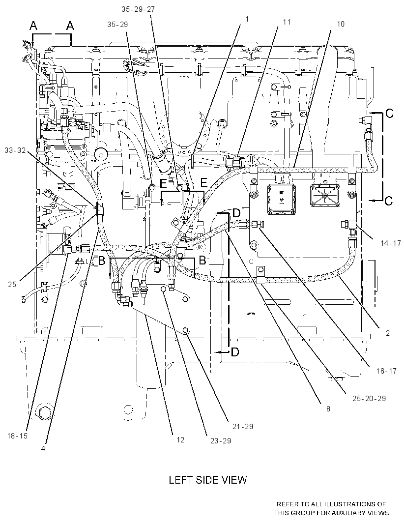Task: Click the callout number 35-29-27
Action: pyautogui.click(x=138, y=9)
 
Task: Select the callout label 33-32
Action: pyautogui.click(x=15, y=150)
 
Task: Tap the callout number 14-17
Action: pyautogui.click(x=390, y=243)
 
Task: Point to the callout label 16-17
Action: pyautogui.click(x=386, y=371)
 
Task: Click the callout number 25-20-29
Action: pyautogui.click(x=369, y=398)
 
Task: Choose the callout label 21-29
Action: pyautogui.click(x=243, y=426)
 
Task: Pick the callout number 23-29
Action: pyautogui.click(x=221, y=441)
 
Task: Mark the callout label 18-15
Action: pyautogui.click(x=17, y=436)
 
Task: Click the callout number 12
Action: pyautogui.click(x=180, y=440)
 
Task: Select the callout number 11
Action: pyautogui.click(x=287, y=22)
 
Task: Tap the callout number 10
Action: pyautogui.click(x=341, y=24)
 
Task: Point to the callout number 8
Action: pyautogui.click(x=328, y=408)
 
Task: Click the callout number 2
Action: pyautogui.click(x=388, y=333)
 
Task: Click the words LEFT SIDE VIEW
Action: pyautogui.click(x=208, y=480)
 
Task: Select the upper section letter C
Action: pyautogui.click(x=389, y=114)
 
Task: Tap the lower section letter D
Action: pyautogui.click(x=235, y=352)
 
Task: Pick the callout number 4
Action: pyautogui.click(x=43, y=449)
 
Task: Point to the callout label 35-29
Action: pyautogui.click(x=117, y=25)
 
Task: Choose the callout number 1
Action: pyautogui.click(x=247, y=19)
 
